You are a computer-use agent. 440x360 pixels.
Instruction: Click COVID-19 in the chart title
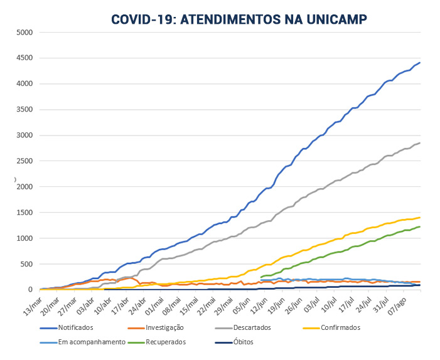coord(143,19)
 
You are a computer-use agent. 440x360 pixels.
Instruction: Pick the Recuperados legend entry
coord(167,342)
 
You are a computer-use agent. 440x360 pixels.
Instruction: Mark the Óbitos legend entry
coord(243,342)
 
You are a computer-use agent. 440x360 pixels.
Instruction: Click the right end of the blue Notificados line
coord(420,62)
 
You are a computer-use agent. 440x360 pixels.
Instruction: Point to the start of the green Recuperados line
coord(260,277)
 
